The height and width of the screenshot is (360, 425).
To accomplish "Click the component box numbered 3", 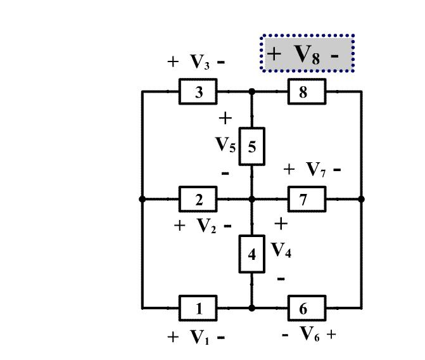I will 198,92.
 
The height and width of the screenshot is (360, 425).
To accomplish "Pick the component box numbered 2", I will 198,200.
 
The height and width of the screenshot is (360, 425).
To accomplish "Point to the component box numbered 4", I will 251,254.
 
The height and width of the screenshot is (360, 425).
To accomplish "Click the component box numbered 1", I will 198,309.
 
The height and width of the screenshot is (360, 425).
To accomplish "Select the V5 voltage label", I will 225,146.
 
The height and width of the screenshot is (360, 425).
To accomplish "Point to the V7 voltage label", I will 315,170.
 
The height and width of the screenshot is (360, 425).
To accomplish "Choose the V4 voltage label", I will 281,250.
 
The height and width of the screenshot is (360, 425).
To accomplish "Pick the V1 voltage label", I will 199,338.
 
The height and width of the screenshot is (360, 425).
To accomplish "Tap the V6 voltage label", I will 309,334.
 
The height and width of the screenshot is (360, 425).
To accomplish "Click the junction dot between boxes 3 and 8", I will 251,92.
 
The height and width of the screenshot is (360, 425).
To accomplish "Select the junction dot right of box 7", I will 361,199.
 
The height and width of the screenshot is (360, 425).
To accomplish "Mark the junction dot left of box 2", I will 142,199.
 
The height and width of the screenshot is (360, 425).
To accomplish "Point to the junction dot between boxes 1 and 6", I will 251,308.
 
